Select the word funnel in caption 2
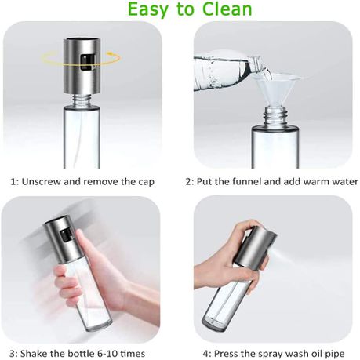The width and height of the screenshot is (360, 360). coord(250,182)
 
